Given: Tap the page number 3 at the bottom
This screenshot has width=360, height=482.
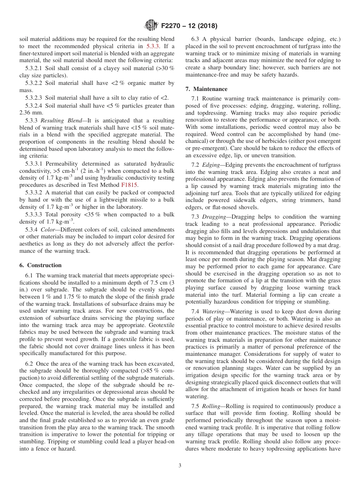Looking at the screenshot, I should [180, 466].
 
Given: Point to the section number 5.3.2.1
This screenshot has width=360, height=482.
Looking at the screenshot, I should [34, 68].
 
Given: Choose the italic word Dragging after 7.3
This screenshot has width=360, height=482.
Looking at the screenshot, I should [214, 217].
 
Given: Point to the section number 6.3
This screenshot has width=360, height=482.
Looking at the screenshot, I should [196, 39].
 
